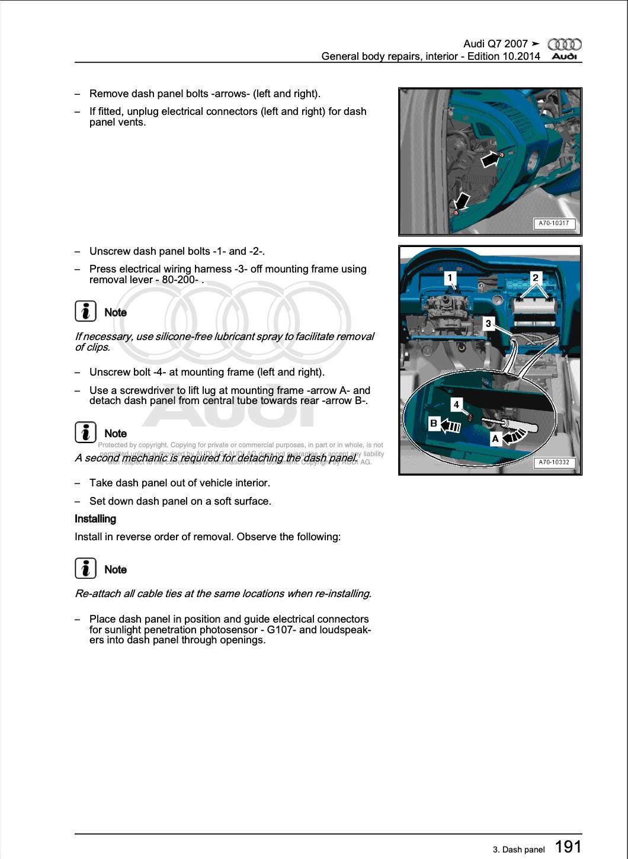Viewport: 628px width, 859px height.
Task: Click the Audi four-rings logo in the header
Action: point(564,44)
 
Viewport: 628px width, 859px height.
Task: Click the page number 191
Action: point(568,847)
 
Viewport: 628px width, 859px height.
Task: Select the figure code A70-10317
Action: point(553,223)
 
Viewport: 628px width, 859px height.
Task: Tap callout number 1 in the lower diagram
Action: point(450,278)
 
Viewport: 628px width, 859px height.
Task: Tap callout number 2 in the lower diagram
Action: point(536,278)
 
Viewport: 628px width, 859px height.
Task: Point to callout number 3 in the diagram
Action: point(488,323)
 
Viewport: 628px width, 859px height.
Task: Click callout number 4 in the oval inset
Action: point(456,405)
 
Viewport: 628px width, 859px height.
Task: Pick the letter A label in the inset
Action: point(495,439)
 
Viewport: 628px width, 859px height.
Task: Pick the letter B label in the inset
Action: point(434,424)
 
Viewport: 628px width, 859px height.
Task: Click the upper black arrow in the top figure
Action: point(489,159)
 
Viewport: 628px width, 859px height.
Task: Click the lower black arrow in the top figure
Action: point(463,202)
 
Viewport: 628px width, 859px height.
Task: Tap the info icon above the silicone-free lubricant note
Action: point(86,311)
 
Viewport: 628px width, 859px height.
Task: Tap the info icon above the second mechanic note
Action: point(86,432)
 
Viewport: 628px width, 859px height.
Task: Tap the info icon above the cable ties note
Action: point(86,569)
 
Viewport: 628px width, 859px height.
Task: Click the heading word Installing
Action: point(95,519)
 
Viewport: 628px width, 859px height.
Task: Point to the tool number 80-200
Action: point(180,280)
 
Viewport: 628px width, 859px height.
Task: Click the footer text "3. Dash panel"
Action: point(518,850)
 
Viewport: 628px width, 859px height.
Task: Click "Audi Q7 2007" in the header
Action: point(495,44)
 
